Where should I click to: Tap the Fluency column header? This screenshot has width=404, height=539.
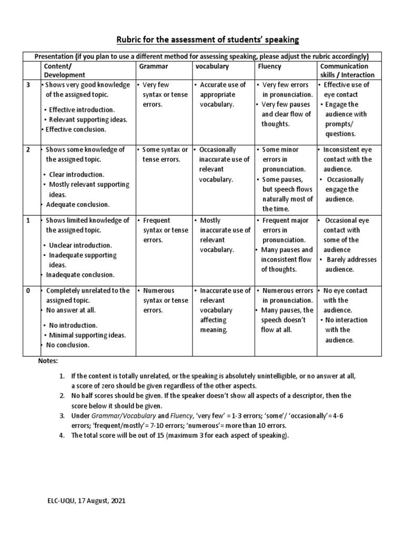click(269, 66)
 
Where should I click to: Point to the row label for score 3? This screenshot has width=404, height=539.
click(29, 85)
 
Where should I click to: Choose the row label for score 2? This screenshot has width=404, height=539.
click(29, 150)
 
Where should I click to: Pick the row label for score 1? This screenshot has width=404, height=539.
click(29, 221)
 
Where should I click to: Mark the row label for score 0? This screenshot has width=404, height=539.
click(29, 291)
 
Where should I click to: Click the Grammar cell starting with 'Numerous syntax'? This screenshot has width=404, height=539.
click(165, 300)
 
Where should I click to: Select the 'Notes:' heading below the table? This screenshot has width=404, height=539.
click(48, 362)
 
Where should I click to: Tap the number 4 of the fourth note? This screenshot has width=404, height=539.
click(62, 435)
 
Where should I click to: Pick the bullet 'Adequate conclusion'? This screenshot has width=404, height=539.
click(77, 204)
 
